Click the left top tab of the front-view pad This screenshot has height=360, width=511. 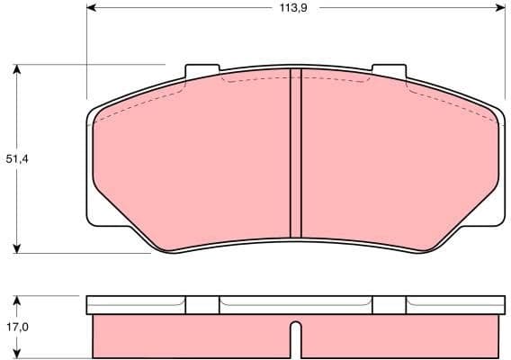point(202,71)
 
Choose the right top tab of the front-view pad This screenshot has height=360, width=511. point(389,71)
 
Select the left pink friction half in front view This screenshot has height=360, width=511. point(193,162)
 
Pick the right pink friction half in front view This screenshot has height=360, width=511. point(396,162)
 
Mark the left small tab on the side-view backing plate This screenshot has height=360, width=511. point(202,305)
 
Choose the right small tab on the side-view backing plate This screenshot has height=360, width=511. point(389,305)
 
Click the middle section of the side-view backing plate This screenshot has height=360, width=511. point(294,305)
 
